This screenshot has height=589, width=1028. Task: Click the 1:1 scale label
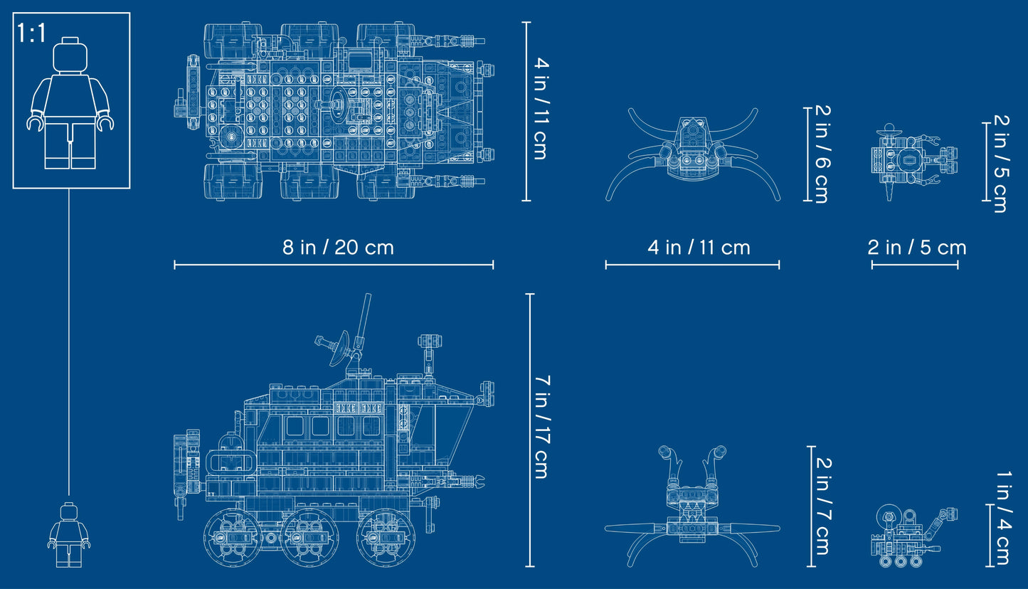(32, 33)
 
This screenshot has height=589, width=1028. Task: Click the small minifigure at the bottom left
(69, 534)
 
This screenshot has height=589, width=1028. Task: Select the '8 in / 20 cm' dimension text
(337, 247)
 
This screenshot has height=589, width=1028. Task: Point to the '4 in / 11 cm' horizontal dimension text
(699, 247)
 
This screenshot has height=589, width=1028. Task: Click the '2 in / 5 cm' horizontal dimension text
(916, 247)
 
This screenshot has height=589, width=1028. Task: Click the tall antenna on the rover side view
(363, 324)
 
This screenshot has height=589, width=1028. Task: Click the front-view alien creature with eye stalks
(691, 507)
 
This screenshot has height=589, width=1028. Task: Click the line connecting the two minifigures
(69, 341)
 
